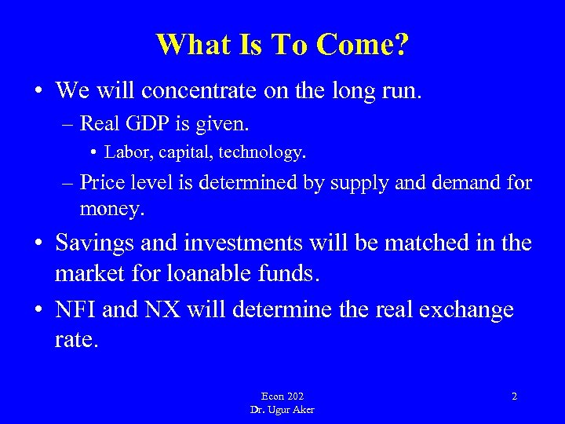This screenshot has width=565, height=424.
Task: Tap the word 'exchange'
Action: [466, 310]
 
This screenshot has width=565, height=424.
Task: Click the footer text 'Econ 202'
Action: [282, 397]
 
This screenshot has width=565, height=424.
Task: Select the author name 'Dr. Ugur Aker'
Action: [282, 410]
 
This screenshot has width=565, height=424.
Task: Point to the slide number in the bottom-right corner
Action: [514, 397]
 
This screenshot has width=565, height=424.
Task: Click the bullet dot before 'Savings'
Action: [38, 243]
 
